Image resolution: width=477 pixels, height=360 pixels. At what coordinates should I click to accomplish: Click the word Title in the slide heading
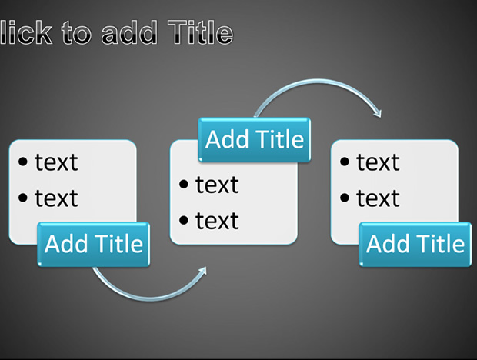pyautogui.click(x=201, y=32)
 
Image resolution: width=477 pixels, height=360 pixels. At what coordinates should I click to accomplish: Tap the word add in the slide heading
pyautogui.click(x=129, y=32)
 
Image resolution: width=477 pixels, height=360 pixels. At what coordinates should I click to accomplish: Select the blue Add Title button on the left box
pyautogui.click(x=94, y=245)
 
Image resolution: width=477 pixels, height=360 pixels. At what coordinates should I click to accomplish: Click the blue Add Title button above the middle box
pyautogui.click(x=255, y=139)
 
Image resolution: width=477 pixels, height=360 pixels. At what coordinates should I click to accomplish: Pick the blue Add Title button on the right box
pyautogui.click(x=415, y=245)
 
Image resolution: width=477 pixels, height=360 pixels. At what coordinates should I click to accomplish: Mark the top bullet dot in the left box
pyautogui.click(x=23, y=162)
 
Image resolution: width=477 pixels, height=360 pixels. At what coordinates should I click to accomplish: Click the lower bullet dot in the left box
pyautogui.click(x=23, y=198)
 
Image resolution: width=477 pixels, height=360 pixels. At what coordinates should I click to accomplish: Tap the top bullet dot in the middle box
pyautogui.click(x=184, y=185)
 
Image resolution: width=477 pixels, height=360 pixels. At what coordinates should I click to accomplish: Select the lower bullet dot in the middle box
pyautogui.click(x=184, y=220)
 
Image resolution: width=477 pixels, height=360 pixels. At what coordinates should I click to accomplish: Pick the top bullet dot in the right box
pyautogui.click(x=345, y=162)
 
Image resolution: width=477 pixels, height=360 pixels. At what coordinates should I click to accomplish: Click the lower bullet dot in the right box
pyautogui.click(x=345, y=198)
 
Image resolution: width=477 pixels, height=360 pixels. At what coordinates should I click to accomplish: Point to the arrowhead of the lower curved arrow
pyautogui.click(x=203, y=270)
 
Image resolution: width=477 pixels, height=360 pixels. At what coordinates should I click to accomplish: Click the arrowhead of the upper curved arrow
pyautogui.click(x=378, y=114)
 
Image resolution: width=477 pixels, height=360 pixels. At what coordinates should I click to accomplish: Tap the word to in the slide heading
pyautogui.click(x=76, y=33)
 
